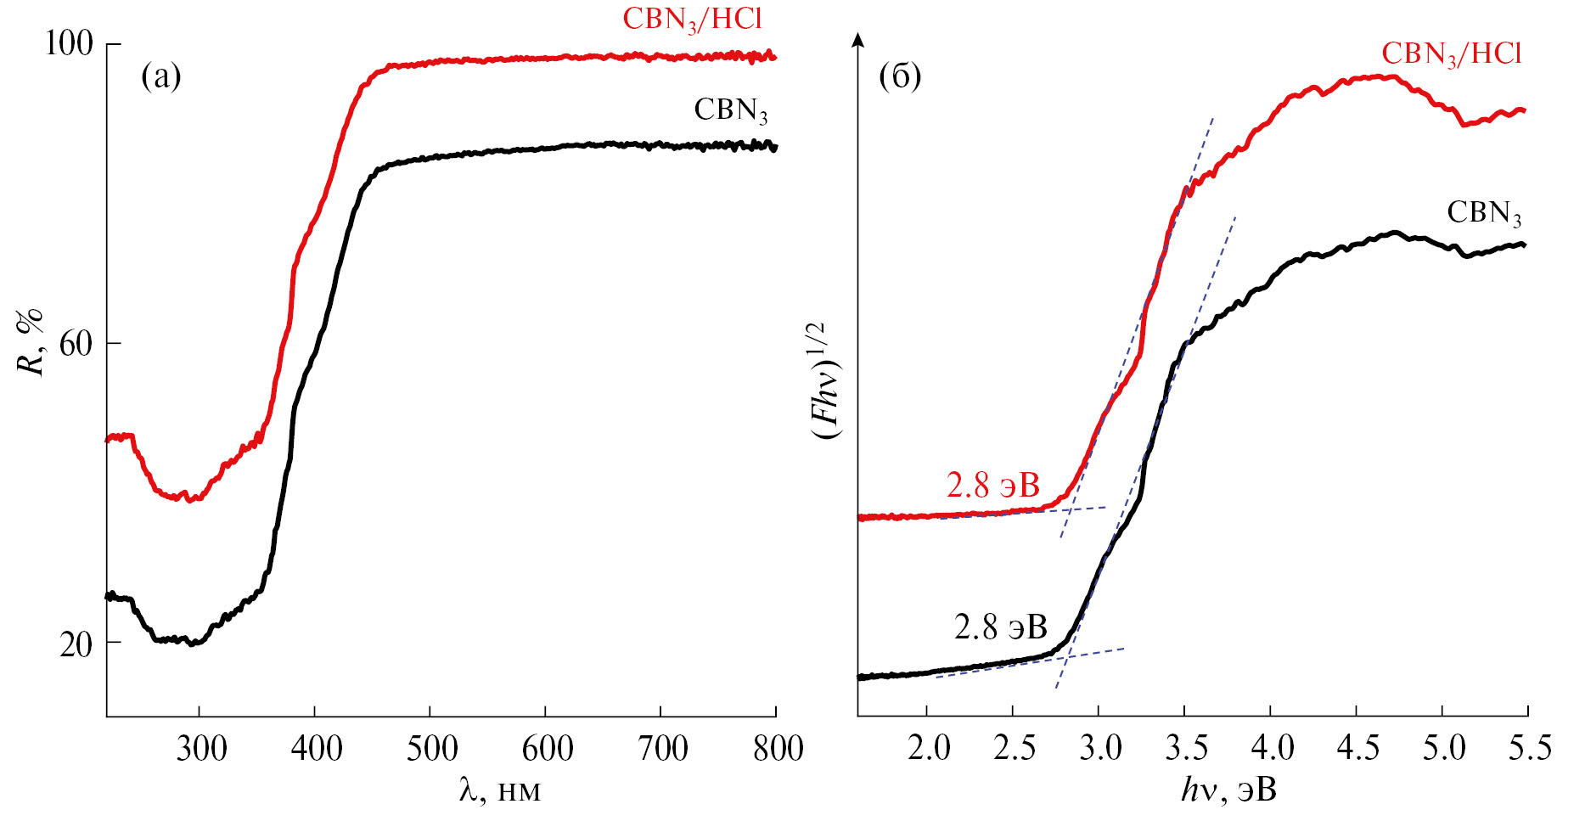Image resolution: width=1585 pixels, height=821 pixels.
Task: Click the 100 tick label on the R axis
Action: pos(68,44)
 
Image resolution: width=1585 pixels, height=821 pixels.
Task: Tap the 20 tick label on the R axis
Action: pos(76,644)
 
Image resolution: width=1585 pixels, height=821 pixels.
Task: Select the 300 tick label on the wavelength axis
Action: pos(200,748)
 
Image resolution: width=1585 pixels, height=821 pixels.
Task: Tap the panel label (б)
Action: pos(901,77)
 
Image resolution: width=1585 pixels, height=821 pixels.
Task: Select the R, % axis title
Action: pos(31,342)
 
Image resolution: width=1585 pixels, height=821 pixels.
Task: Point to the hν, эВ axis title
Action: pos(1229,790)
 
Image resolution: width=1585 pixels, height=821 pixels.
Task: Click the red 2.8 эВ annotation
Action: pos(992,486)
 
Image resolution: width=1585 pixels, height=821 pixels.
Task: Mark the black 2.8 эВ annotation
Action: pos(1000,627)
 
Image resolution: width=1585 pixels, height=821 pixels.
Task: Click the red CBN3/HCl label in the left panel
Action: pos(693,20)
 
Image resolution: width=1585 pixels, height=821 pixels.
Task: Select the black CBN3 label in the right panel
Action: pos(1484,213)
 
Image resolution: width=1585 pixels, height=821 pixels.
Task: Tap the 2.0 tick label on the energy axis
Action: pos(928,748)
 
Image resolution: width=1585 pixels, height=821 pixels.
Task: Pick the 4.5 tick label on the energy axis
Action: pos(1357,748)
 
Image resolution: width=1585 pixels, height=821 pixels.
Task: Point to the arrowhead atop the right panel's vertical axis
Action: pos(858,39)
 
